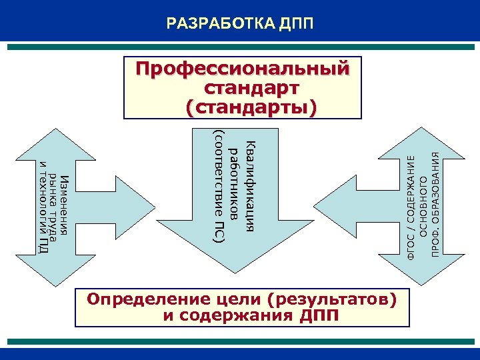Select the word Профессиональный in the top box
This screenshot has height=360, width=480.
[242, 69]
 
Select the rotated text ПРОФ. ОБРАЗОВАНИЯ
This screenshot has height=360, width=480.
[435, 203]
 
